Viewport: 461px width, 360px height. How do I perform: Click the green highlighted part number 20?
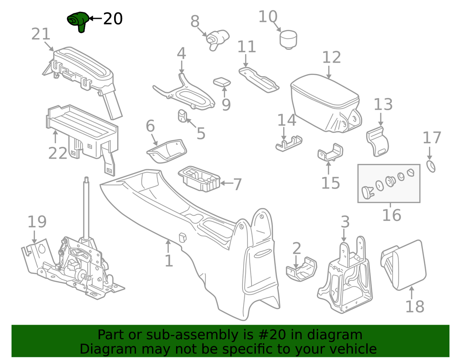(x=78, y=22)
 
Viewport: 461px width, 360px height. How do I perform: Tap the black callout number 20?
(x=113, y=18)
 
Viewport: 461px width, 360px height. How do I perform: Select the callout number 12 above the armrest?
(x=331, y=58)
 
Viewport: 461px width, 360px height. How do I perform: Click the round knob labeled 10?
(x=288, y=39)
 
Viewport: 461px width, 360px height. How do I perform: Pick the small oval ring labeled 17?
(x=431, y=167)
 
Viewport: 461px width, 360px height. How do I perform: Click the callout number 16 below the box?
(x=391, y=215)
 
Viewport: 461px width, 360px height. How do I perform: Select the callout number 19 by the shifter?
(x=37, y=222)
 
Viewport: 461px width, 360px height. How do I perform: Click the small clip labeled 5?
(x=182, y=116)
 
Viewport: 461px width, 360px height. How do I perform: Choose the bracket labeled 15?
(x=330, y=153)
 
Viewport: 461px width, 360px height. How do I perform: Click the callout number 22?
(x=58, y=153)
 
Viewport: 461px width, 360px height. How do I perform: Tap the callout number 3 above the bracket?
(x=345, y=222)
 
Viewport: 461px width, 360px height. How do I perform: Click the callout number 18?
(x=415, y=307)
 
